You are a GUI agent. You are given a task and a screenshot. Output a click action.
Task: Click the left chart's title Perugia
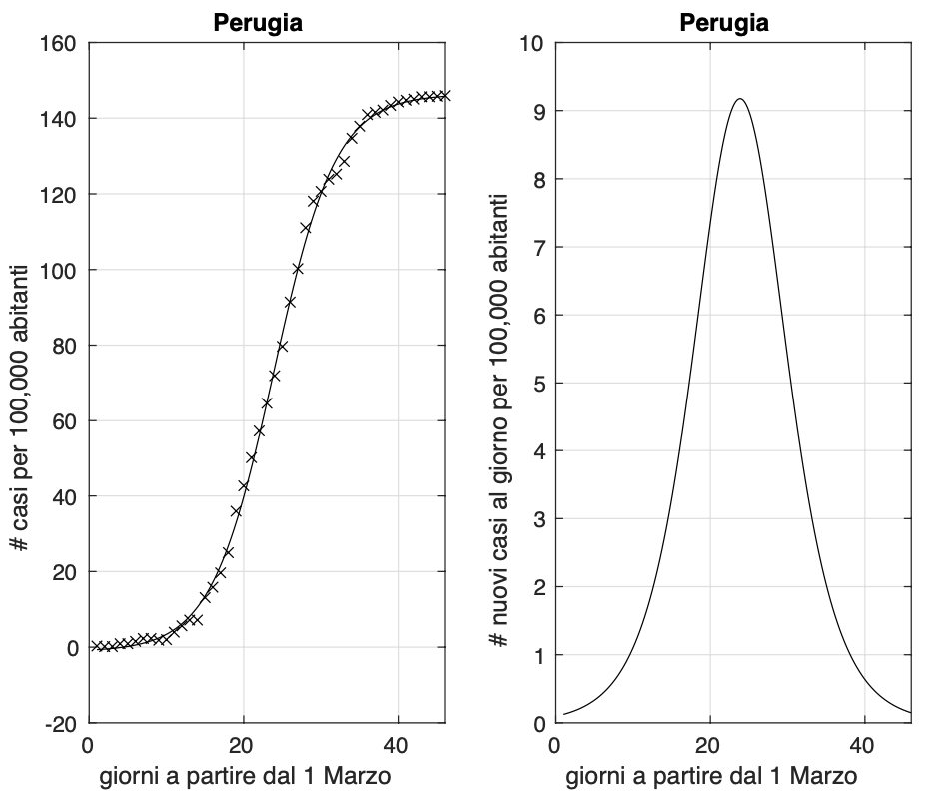click(258, 23)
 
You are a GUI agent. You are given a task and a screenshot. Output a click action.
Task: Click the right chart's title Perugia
click(724, 23)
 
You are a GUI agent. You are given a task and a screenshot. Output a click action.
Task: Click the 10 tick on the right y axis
click(532, 43)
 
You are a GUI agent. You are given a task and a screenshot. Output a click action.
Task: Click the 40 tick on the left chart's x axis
click(398, 746)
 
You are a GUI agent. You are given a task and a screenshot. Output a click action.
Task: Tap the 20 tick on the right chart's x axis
click(709, 746)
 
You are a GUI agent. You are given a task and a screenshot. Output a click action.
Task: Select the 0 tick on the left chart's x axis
click(88, 746)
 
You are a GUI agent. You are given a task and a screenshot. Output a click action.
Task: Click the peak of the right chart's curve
click(740, 99)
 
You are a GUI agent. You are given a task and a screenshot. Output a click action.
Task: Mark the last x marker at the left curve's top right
click(445, 96)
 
